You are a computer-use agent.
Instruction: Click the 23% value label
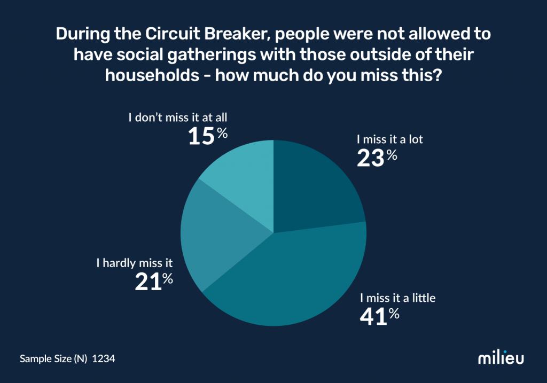(x=377, y=158)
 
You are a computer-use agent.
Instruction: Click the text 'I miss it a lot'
(x=389, y=140)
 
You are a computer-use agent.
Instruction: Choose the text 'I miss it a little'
(x=398, y=298)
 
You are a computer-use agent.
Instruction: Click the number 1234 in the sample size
(x=104, y=359)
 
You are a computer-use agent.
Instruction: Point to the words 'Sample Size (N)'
(x=53, y=359)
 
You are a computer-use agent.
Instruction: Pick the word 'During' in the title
(x=80, y=35)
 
